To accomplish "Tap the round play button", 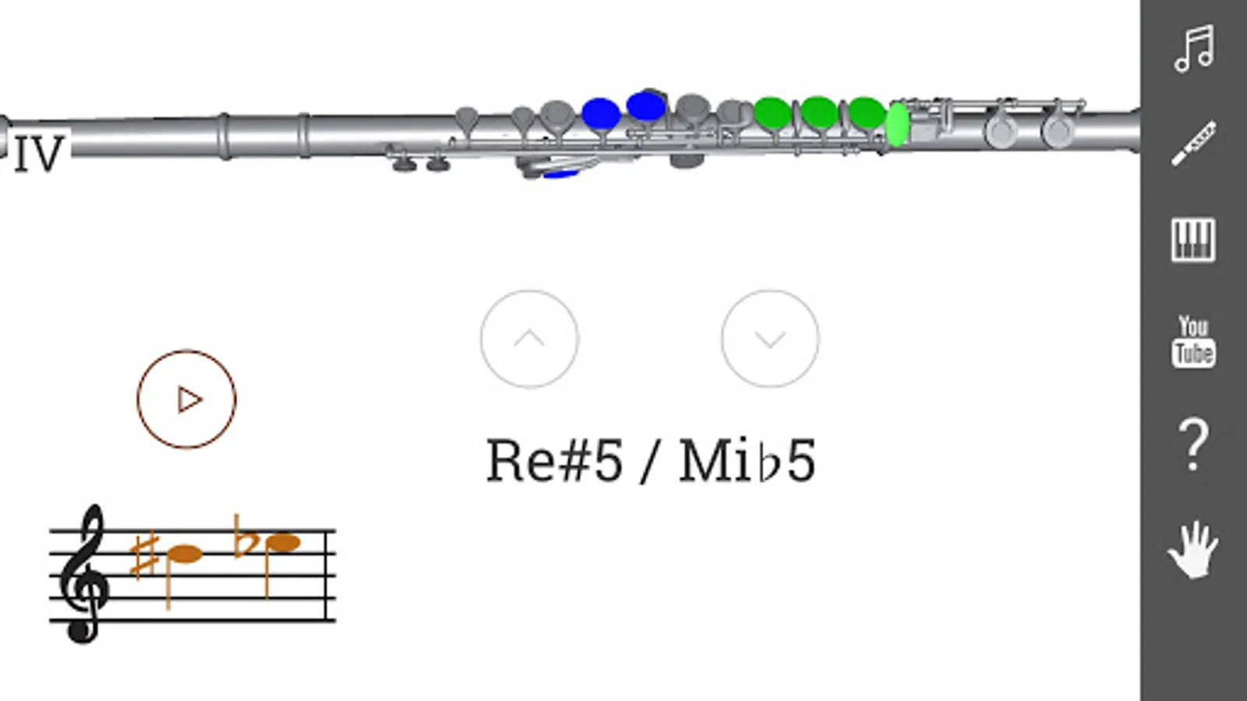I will click(x=186, y=399).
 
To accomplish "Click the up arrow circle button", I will click(x=529, y=339).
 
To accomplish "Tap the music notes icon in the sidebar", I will click(x=1193, y=48).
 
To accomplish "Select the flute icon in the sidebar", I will click(x=1193, y=143).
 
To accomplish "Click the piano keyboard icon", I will click(x=1193, y=239).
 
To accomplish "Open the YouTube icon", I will click(x=1193, y=340).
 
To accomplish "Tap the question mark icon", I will click(x=1193, y=444).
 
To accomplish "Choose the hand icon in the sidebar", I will click(x=1193, y=550).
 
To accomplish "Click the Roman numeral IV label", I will click(x=39, y=153).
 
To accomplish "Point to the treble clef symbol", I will click(x=84, y=575).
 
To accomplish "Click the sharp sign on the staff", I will click(x=145, y=556).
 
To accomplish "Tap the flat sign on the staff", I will click(x=243, y=537).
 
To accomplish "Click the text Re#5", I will click(x=554, y=460).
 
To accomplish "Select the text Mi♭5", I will click(x=747, y=460).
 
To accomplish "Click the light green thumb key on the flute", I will click(x=898, y=125).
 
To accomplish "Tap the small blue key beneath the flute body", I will click(x=560, y=174).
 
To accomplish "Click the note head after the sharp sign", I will click(x=185, y=555).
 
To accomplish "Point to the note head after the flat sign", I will click(x=283, y=542).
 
